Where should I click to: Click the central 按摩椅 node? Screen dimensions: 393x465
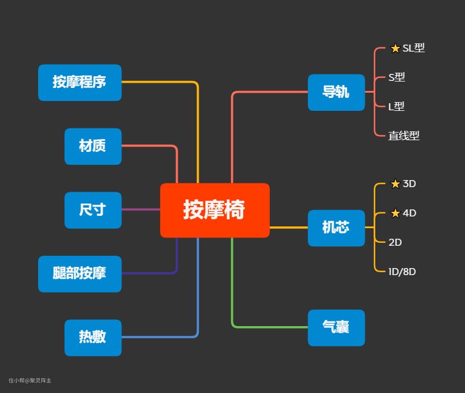[215, 210]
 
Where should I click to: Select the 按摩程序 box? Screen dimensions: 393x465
[80, 83]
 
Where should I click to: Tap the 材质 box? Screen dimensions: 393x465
[93, 146]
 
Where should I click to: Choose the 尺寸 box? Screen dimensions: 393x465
[93, 210]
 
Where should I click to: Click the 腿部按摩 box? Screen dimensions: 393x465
[80, 273]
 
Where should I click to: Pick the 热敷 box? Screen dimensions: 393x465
[93, 337]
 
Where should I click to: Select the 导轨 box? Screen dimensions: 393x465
[336, 92]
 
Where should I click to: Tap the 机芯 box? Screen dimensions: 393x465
[336, 228]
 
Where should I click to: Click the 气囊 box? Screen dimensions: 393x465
[336, 327]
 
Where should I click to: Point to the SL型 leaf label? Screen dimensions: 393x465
[413, 48]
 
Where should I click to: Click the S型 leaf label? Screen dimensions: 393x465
[396, 77]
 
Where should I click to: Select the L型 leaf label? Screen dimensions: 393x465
[396, 107]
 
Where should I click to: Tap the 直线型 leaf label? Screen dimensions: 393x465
[403, 135]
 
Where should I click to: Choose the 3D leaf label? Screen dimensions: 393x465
[409, 184]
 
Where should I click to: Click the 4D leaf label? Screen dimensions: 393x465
[409, 213]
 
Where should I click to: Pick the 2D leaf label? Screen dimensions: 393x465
[395, 242]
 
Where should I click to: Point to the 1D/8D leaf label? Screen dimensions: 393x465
[402, 272]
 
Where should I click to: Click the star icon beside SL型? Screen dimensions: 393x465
[395, 48]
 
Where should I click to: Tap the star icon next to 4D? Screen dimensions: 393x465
[395, 213]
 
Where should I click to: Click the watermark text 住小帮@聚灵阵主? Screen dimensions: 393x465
[30, 381]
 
